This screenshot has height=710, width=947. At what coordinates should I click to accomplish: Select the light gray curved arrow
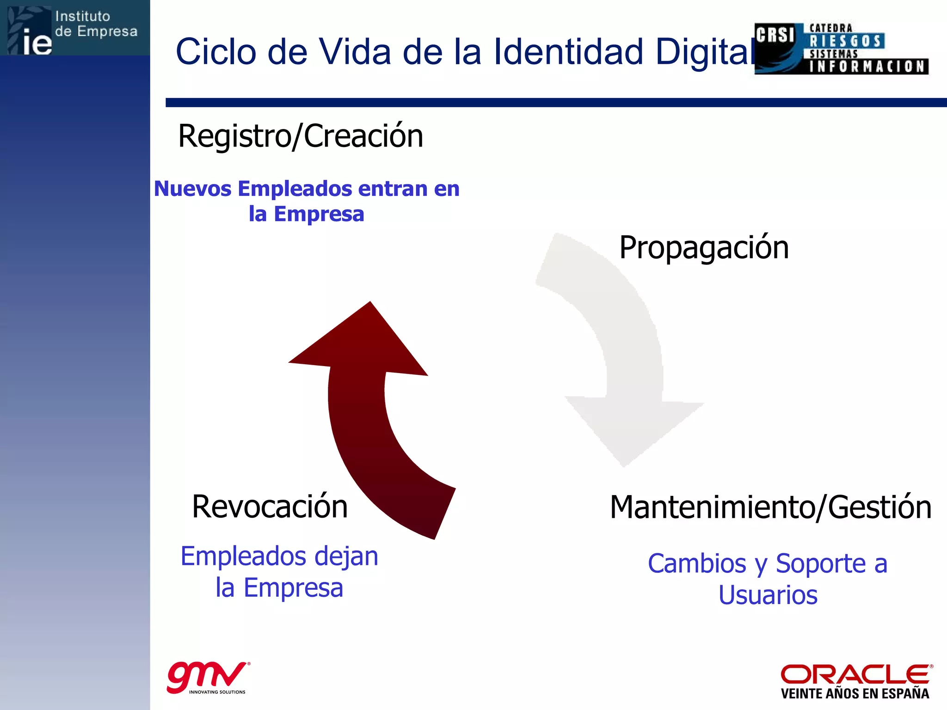pyautogui.click(x=629, y=361)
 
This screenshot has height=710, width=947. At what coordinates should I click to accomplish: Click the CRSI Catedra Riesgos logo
pyautogui.click(x=841, y=49)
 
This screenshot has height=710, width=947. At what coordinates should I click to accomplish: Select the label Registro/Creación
pyautogui.click(x=301, y=136)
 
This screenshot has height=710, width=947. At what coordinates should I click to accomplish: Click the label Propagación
pyautogui.click(x=704, y=248)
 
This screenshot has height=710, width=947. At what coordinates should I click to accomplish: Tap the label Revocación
pyautogui.click(x=270, y=507)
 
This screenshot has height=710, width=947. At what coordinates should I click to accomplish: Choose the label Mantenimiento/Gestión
pyautogui.click(x=770, y=508)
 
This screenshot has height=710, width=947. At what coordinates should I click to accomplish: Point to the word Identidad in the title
pyautogui.click(x=569, y=52)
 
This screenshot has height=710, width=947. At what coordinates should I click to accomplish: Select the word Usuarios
pyautogui.click(x=768, y=595)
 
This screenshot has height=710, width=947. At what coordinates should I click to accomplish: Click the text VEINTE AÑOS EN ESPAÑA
pyautogui.click(x=855, y=694)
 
